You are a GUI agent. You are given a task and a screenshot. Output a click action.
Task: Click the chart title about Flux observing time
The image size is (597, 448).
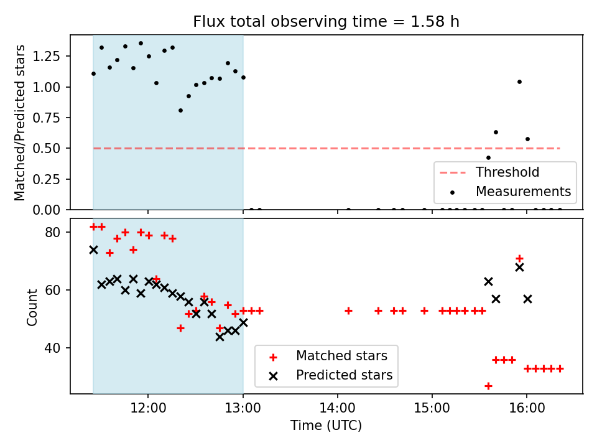click(326, 22)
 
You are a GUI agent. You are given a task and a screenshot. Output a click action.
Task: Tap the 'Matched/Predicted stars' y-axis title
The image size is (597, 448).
click(20, 123)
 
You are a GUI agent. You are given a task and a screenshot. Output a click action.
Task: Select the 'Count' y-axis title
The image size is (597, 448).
click(32, 306)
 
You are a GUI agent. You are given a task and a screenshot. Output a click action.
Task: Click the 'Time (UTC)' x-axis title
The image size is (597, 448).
click(326, 426)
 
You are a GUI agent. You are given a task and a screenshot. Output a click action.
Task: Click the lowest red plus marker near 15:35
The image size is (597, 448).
click(488, 386)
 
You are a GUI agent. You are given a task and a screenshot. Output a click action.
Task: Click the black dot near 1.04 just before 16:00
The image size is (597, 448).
click(519, 82)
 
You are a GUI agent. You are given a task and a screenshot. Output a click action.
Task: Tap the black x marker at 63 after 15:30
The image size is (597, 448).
click(488, 281)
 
